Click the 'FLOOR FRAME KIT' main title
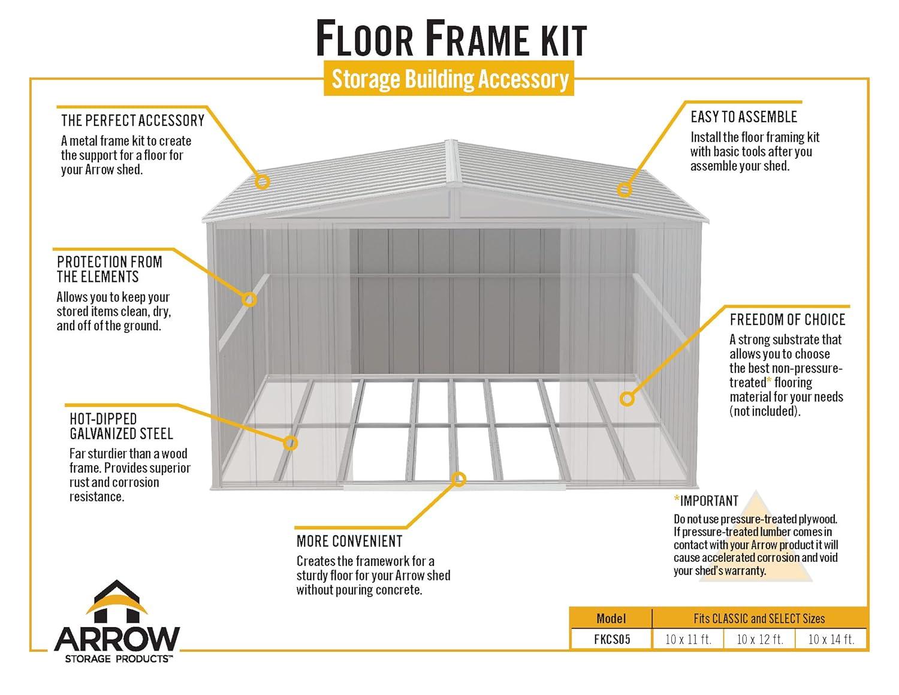point(450,39)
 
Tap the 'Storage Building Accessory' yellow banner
point(450,79)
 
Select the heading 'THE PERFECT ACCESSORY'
point(132,121)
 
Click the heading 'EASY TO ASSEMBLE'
point(743,117)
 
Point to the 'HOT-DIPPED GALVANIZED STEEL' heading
point(121,426)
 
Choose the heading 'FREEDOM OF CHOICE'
point(787,320)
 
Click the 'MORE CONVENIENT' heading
point(349,541)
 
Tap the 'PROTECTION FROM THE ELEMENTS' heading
point(110,269)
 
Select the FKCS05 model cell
point(612,639)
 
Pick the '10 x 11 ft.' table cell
point(688,639)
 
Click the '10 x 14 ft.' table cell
point(831,639)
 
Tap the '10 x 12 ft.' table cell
point(759,639)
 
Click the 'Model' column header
point(611,618)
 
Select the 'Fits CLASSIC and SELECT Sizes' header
point(759,618)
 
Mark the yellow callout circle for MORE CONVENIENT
point(459,479)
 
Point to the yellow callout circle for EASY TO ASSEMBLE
point(625,189)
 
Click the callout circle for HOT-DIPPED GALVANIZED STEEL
point(290,443)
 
